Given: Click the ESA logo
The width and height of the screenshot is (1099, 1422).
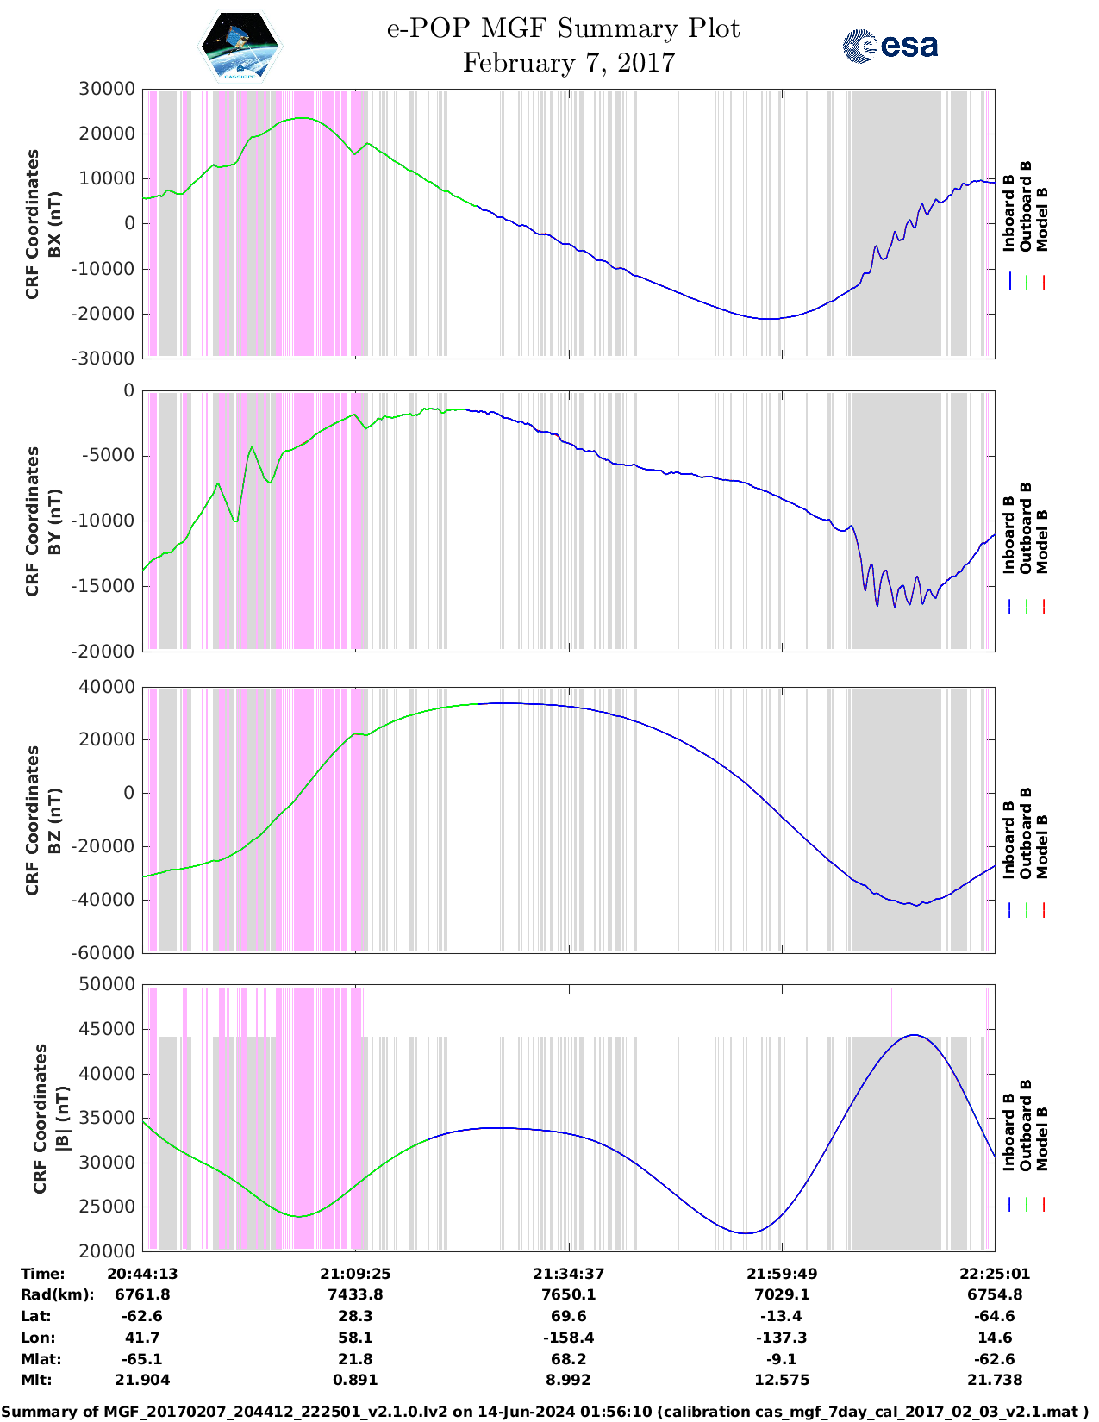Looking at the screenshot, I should coord(890,46).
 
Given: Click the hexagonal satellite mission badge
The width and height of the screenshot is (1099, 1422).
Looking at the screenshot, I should coord(240,47).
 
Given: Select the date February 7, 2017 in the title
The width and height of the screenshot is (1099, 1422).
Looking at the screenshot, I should coord(568,63).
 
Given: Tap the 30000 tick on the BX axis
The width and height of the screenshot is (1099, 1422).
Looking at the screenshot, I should coord(107,89).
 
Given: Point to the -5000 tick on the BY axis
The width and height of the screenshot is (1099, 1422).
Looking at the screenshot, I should coord(109,456).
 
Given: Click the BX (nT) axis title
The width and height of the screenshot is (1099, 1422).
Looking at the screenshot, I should coord(54,224).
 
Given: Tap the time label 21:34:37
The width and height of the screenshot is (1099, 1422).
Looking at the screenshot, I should coord(568,1274).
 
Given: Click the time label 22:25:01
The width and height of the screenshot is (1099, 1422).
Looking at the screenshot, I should coord(995,1274).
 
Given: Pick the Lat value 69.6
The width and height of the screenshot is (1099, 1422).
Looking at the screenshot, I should coord(568,1316).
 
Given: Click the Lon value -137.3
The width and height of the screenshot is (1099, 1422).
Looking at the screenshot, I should coord(782,1338).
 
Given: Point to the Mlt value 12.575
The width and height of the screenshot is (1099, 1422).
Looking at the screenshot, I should coord(782,1380).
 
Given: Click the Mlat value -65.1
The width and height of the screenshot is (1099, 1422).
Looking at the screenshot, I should coord(142,1359).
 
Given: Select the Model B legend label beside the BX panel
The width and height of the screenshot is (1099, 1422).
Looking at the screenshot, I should coord(1042,219).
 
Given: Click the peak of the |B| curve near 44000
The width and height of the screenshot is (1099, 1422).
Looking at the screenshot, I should coord(914,1035).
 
